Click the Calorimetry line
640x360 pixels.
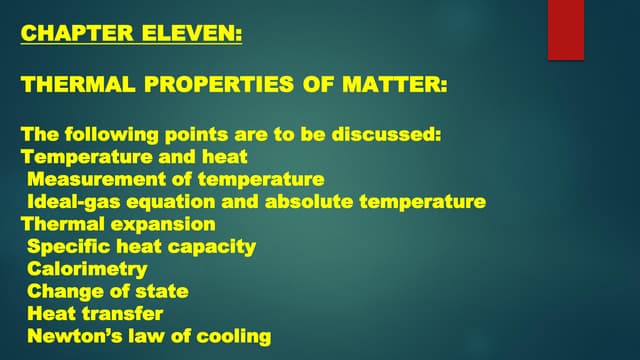(87, 269)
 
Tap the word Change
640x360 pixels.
(61, 291)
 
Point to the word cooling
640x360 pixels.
(232, 336)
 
